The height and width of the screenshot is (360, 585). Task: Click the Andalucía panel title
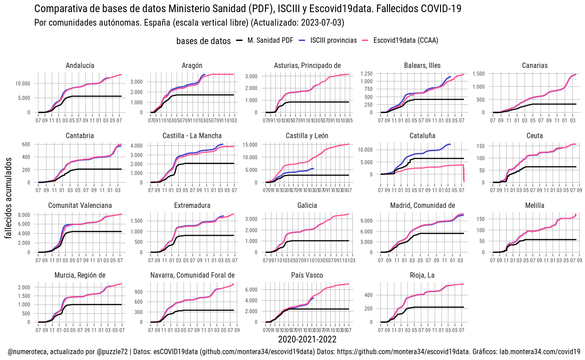pyautogui.click(x=80, y=66)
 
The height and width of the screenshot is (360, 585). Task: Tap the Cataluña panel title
pyautogui.click(x=422, y=136)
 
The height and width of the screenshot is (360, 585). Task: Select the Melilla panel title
pyautogui.click(x=535, y=206)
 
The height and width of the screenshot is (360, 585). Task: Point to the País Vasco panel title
pyautogui.click(x=307, y=275)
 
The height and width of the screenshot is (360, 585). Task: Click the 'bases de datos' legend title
pyautogui.click(x=204, y=41)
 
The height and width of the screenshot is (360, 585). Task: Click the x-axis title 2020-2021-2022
pyautogui.click(x=307, y=340)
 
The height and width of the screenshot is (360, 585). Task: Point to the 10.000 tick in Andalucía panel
pyautogui.click(x=22, y=84)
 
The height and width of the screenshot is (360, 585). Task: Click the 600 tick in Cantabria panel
pyautogui.click(x=25, y=144)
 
